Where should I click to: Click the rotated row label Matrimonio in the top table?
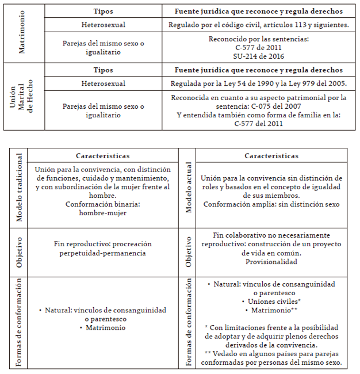pos(22,33)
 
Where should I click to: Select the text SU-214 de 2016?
pos(259,56)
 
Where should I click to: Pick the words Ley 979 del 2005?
pos(312,83)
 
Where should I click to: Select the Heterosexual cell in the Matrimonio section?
pos(103,25)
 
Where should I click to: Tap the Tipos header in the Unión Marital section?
pos(103,70)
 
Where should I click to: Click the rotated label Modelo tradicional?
pos(19,188)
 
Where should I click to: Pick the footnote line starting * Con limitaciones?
pos(271,327)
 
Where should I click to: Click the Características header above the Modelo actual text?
pos(271,156)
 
